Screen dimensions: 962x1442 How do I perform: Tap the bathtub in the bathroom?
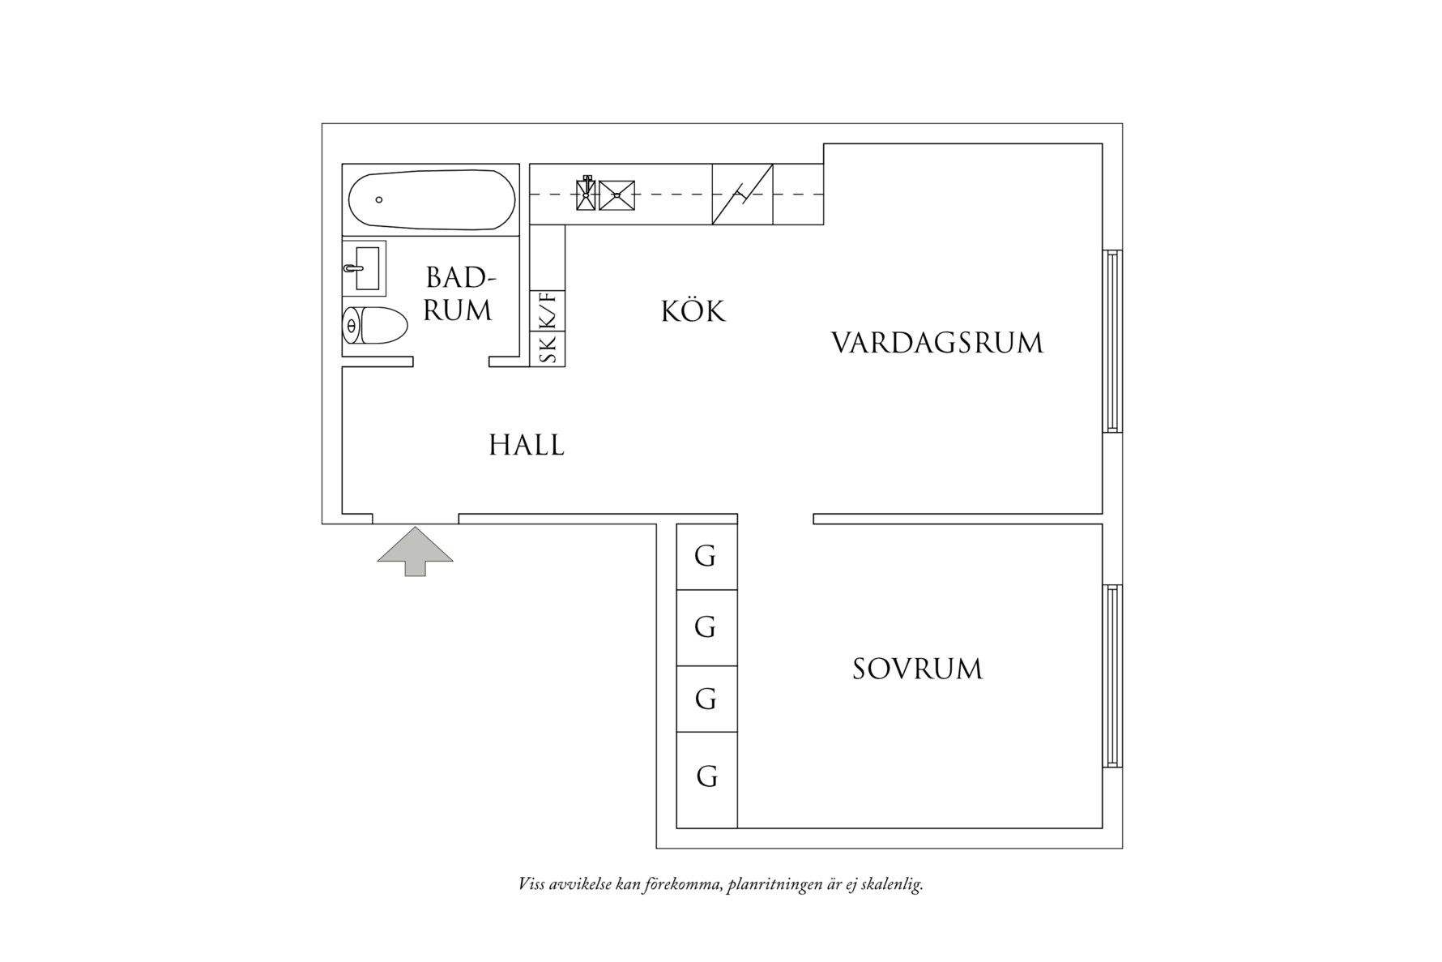[x=431, y=199]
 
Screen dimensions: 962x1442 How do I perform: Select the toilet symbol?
[x=374, y=326]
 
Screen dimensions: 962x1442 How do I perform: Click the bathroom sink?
[x=365, y=268]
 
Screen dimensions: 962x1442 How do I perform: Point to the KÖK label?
[x=693, y=312]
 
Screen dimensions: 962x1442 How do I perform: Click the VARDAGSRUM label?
[x=937, y=343]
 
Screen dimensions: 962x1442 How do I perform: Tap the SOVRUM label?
[x=917, y=669]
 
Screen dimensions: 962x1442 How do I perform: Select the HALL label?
[x=527, y=446]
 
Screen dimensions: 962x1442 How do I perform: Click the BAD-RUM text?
[x=459, y=294]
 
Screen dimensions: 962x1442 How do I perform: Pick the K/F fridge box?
[x=548, y=310]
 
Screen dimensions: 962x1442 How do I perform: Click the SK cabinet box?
[x=548, y=349]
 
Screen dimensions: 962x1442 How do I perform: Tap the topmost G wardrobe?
[x=706, y=557]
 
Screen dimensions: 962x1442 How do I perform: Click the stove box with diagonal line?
[x=742, y=195]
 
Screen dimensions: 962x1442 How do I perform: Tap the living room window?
[x=1113, y=341]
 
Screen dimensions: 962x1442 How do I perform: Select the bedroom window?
[x=1113, y=676]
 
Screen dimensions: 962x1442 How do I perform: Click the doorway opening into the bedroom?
[x=775, y=519]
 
